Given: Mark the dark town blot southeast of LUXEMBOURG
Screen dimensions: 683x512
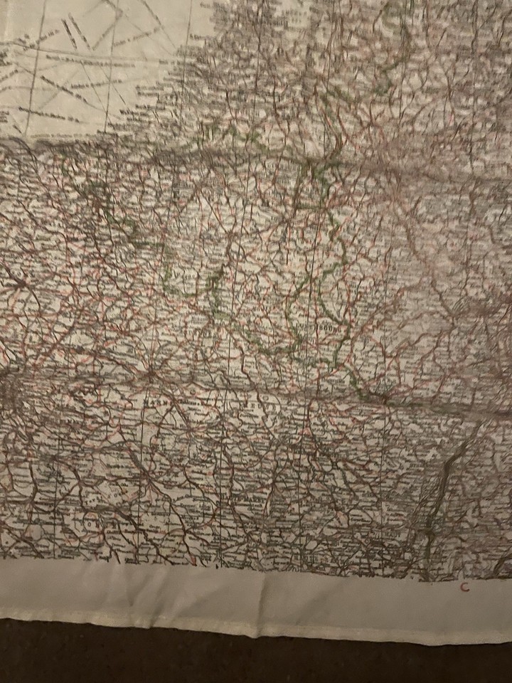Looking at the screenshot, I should (384, 399).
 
